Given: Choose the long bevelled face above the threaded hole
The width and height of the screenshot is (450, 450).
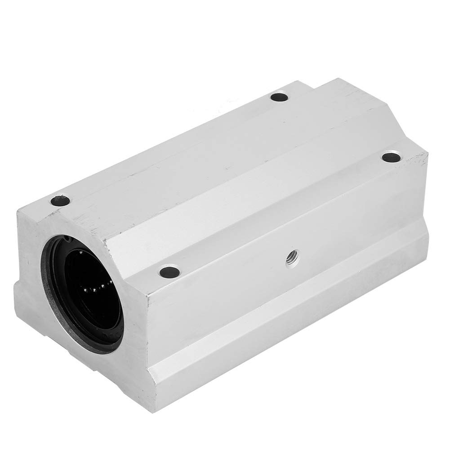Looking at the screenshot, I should pyautogui.click(x=270, y=207).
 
